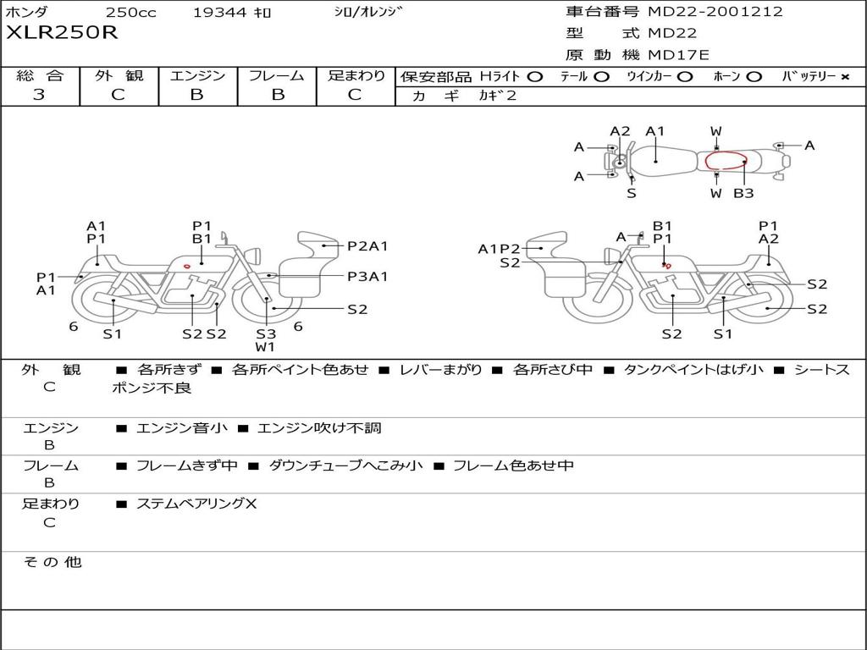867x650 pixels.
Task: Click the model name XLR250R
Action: pos(63,34)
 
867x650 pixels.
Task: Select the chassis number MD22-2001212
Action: pos(715,12)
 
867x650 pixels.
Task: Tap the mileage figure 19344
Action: pos(219,13)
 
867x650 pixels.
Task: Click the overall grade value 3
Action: pos(39,95)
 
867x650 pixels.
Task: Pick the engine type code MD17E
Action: pos(678,55)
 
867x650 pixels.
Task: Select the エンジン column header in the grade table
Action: pos(198,76)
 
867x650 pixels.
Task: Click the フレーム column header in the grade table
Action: pos(277,76)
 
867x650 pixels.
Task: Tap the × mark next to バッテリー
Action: pos(844,77)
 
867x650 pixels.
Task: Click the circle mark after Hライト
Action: pos(534,77)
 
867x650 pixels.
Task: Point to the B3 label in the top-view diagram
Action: pos(743,194)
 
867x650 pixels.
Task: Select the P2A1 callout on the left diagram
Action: pos(367,246)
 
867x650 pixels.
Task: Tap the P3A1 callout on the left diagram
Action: pos(367,276)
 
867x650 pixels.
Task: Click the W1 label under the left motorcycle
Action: pos(266,347)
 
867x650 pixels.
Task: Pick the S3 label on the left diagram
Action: pos(266,333)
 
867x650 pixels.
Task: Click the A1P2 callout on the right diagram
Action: pos(499,249)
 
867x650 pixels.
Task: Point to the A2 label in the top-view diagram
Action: pos(621,131)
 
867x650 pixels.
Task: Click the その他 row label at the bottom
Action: pos(52,562)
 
